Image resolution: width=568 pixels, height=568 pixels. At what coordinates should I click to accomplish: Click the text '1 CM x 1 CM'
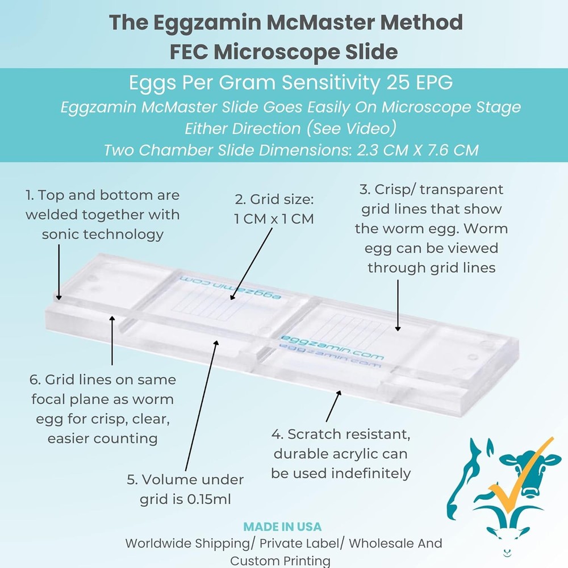click(274, 219)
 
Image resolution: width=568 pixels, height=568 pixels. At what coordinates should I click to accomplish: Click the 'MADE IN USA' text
click(282, 527)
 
